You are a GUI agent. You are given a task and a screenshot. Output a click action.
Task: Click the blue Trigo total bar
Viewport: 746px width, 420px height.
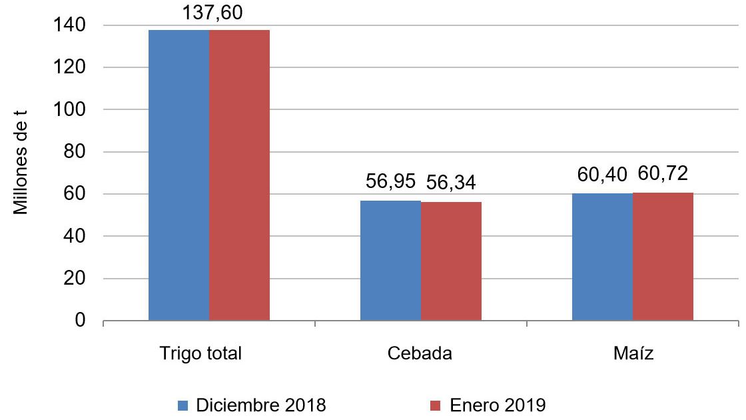click(x=179, y=175)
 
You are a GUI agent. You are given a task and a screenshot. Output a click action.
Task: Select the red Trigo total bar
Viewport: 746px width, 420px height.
click(x=239, y=175)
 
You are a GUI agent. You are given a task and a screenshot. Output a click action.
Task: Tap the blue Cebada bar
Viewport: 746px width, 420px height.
click(x=390, y=261)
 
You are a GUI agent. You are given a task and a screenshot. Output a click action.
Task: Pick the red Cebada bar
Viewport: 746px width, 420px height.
click(x=451, y=261)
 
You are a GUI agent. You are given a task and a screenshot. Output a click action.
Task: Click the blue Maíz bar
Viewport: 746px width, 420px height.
click(x=602, y=257)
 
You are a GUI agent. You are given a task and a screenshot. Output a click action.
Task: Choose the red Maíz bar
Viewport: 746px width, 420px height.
click(x=663, y=257)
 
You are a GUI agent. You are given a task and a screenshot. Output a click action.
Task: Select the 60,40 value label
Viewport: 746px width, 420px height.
click(x=602, y=175)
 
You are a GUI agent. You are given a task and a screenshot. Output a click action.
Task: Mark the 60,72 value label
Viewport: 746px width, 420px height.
click(x=663, y=174)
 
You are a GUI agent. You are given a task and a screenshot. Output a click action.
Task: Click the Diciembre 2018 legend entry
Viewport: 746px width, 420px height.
click(x=252, y=405)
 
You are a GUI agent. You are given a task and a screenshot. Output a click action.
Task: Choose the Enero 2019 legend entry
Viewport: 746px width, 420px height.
click(x=488, y=405)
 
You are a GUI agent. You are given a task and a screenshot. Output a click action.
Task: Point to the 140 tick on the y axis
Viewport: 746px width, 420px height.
click(x=71, y=25)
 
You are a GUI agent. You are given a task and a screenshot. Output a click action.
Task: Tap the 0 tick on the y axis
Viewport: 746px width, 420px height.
click(x=81, y=321)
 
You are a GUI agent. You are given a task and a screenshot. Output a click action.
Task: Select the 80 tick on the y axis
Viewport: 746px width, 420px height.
click(x=76, y=152)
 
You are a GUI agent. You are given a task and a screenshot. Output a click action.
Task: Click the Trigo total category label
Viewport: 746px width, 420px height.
click(x=200, y=353)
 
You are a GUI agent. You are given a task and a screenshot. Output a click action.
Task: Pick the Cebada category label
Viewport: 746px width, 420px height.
click(x=420, y=353)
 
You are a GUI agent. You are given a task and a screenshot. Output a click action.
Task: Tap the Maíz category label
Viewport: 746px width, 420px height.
click(x=633, y=353)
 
